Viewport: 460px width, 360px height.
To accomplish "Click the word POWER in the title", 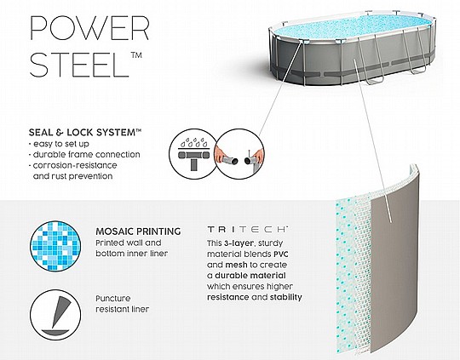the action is point(89,28).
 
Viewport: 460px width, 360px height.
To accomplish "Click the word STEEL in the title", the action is point(79,65).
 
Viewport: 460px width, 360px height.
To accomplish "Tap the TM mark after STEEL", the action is point(136,55).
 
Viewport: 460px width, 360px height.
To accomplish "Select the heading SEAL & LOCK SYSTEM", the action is point(85,133).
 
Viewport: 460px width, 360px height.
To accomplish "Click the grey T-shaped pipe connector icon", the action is point(193,158).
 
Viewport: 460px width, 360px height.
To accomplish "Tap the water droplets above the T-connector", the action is point(193,142).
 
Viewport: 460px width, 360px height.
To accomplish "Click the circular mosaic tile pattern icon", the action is point(55,246).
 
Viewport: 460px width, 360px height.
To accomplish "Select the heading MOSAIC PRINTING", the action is point(138,231).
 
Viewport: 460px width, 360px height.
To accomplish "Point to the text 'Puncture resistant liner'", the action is point(123,304).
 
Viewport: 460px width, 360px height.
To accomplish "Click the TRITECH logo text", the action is point(247,229).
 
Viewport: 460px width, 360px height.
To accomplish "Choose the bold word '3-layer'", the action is point(239,243).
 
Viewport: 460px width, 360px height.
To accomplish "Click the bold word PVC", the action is point(281,254).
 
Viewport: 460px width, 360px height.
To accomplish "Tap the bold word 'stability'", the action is point(285,297).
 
